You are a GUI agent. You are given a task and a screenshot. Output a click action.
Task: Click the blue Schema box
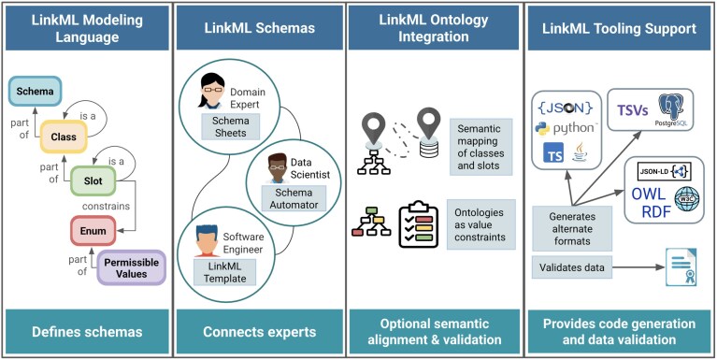tap(36, 91)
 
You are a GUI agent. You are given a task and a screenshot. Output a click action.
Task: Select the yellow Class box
tap(64, 137)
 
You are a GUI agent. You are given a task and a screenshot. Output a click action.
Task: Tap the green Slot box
tap(93, 180)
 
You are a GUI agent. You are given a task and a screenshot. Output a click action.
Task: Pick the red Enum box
tap(93, 231)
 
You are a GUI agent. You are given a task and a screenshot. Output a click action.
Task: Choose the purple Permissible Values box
tap(131, 268)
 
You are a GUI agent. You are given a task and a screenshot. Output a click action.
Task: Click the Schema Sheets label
tap(231, 127)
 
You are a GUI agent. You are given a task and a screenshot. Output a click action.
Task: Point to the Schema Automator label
tap(294, 198)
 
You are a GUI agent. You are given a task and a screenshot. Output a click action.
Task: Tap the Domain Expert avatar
tap(211, 92)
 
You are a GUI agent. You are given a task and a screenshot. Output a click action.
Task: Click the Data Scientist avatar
tap(277, 168)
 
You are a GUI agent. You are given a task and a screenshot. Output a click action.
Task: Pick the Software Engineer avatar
tap(208, 240)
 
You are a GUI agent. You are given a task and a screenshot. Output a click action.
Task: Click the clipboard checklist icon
tap(418, 224)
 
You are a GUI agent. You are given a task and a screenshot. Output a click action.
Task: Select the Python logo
tap(542, 129)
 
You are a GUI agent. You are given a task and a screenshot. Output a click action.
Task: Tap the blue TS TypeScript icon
tap(553, 152)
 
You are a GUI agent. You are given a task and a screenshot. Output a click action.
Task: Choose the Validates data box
tap(571, 267)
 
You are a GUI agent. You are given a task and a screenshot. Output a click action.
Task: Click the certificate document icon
tap(681, 267)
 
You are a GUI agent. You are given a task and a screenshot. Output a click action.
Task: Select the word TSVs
tap(634, 109)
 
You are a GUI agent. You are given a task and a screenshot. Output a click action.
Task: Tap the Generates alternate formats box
tap(572, 228)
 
